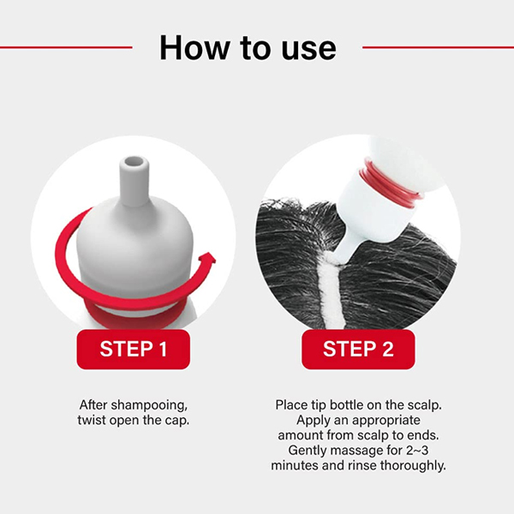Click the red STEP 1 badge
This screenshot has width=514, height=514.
[x=134, y=350]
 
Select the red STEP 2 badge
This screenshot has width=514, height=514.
[x=358, y=350]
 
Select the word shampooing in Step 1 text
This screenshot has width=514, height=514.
[x=149, y=406]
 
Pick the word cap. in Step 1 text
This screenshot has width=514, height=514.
[x=177, y=421]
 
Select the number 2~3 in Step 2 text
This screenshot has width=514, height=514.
[x=417, y=451]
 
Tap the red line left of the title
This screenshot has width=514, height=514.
[x=66, y=47]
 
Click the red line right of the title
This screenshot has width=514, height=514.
[x=438, y=47]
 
